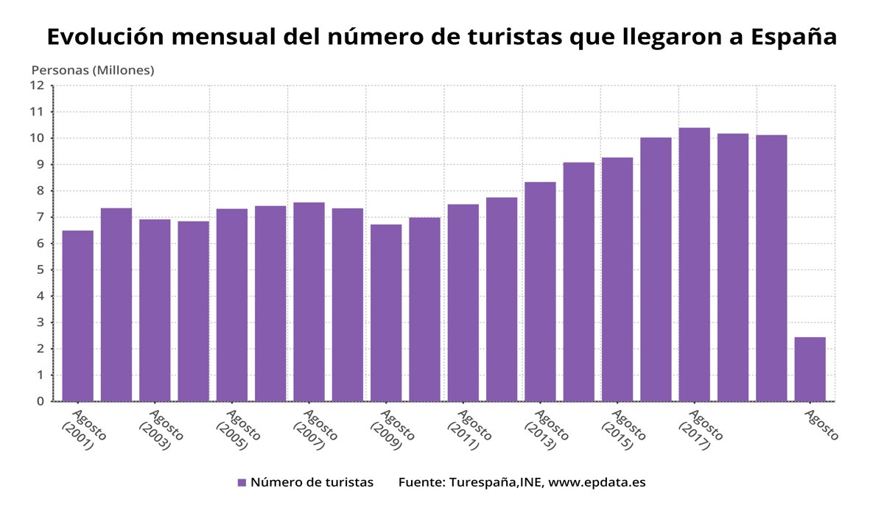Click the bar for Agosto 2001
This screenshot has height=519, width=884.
click(x=77, y=316)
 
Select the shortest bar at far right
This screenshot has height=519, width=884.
click(x=810, y=369)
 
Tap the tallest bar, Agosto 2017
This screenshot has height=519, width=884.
click(x=694, y=264)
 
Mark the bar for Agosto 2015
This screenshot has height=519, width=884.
click(x=617, y=279)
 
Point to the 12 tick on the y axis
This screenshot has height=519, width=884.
click(x=38, y=85)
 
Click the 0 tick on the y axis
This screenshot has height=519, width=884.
click(x=41, y=401)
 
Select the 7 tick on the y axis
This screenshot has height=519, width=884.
click(x=41, y=217)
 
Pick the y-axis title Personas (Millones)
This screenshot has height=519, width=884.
click(x=93, y=70)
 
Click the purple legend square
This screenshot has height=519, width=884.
click(x=242, y=483)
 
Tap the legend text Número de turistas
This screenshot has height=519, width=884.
click(x=312, y=483)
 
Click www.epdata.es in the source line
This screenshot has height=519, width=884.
click(x=597, y=483)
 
